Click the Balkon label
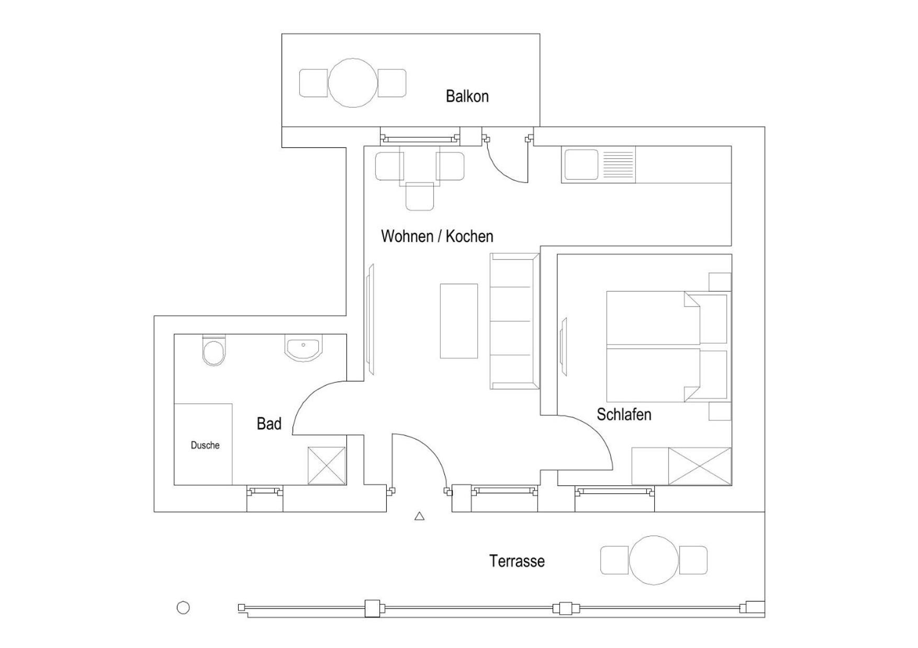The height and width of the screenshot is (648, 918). click(x=467, y=96)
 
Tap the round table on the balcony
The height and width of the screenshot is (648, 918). click(x=353, y=83)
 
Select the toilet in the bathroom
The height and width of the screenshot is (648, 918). click(x=214, y=350)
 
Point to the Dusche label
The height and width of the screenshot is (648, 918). click(x=205, y=446)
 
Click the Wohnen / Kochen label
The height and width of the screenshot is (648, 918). click(x=437, y=236)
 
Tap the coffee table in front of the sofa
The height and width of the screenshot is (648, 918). click(x=459, y=321)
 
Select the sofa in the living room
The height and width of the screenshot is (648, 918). click(x=514, y=321)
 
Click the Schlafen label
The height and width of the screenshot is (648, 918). click(x=624, y=415)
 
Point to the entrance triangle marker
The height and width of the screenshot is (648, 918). click(x=419, y=516)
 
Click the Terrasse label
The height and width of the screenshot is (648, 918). click(x=517, y=561)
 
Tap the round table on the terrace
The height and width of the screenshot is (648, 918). click(x=654, y=560)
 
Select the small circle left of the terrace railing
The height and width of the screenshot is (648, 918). click(x=183, y=608)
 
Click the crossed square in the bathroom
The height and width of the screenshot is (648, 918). click(x=327, y=466)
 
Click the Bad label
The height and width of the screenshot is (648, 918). click(x=269, y=424)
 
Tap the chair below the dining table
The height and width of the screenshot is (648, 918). click(x=420, y=197)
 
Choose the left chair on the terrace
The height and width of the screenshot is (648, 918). click(x=614, y=560)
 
